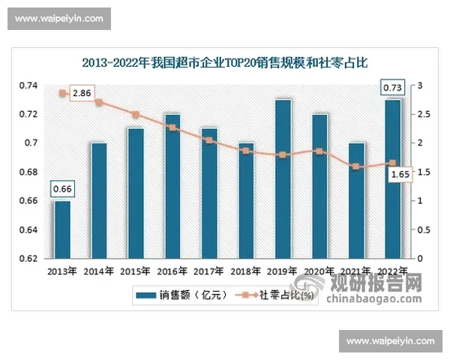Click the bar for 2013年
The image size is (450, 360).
[62, 229]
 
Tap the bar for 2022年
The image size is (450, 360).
[392, 178]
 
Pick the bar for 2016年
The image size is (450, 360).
[172, 185]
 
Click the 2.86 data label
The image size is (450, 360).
[82, 94]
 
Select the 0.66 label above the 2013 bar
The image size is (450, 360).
[62, 188]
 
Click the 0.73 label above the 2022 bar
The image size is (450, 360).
[392, 88]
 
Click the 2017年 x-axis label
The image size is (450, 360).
[208, 271]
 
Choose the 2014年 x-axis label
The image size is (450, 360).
[98, 271]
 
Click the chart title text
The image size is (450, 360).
[225, 63]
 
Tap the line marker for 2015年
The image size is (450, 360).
[136, 115]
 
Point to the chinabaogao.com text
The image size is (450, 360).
[374, 301]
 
